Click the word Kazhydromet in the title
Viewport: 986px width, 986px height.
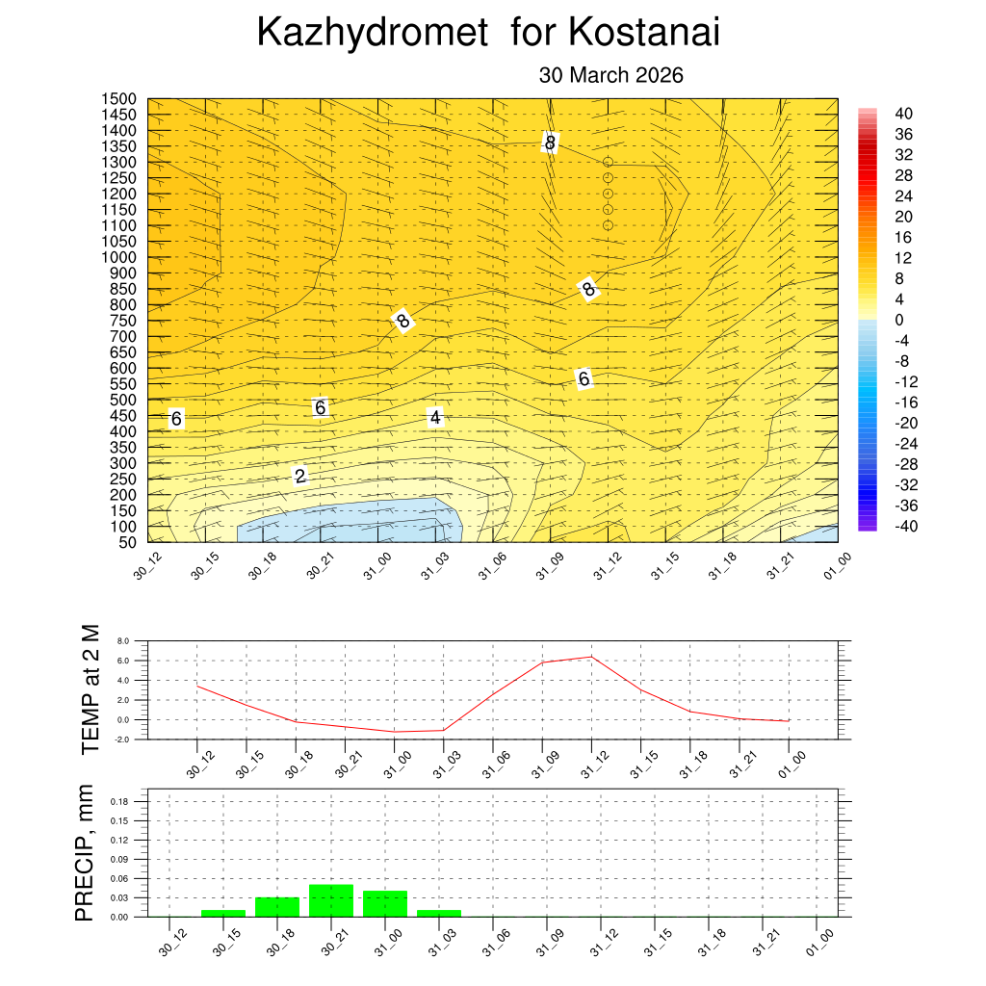pos(373,34)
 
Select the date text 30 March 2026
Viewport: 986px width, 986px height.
pos(610,75)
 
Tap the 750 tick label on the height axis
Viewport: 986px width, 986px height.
pos(124,321)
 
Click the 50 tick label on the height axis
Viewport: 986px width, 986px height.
pos(129,542)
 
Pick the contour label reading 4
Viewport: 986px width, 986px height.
pos(435,417)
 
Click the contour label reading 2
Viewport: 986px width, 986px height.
pos(300,476)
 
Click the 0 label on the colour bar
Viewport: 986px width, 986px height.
pos(899,320)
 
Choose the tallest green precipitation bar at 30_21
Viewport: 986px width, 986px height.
pos(331,900)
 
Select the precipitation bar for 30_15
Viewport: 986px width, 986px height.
pos(223,913)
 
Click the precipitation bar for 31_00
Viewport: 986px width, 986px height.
pos(385,903)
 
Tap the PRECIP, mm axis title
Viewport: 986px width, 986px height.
pos(86,852)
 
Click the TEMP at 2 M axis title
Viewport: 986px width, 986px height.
pos(90,689)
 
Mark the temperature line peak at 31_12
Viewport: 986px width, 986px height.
pos(590,657)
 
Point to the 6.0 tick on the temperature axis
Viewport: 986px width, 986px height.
pos(122,661)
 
